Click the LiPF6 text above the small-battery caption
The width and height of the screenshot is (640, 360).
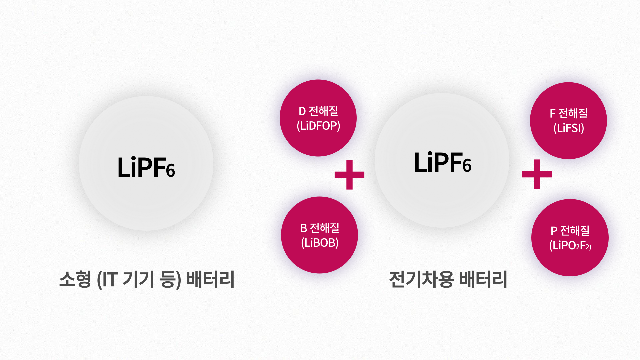146,167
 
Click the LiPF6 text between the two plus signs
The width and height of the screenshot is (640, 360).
442,163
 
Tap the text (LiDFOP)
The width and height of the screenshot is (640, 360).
318,126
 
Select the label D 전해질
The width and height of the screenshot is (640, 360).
318,111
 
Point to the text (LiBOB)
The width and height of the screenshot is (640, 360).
320,243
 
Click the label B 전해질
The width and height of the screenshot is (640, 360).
320,228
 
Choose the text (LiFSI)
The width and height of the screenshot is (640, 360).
569,128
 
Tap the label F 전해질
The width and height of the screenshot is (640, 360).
569,113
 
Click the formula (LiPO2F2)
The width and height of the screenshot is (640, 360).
570,246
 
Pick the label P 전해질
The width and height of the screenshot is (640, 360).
570,231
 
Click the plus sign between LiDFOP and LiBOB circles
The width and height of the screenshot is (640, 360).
349,174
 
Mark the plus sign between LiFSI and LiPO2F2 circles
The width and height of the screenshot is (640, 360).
537,174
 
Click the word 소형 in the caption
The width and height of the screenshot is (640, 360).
75,279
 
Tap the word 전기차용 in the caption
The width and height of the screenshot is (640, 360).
421,279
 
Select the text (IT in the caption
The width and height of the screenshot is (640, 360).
107,279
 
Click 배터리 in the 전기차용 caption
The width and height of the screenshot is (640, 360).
483,279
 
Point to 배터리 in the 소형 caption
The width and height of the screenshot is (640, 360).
210,279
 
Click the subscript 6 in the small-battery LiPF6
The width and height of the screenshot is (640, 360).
171,171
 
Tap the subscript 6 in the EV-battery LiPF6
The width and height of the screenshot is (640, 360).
467,166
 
